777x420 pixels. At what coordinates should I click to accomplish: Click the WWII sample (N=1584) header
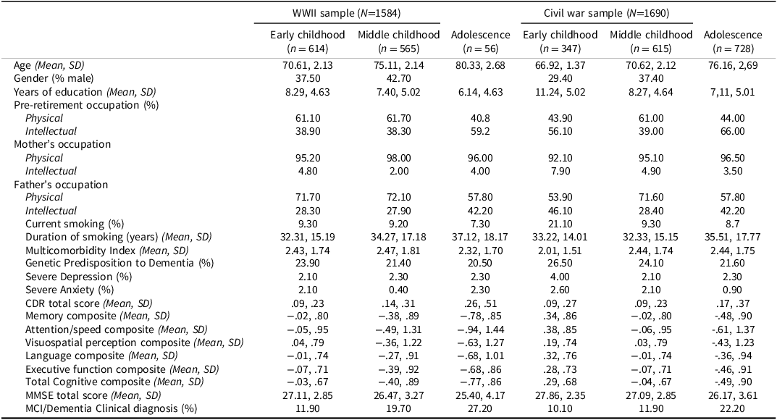347,13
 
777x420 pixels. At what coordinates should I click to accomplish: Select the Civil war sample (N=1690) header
607,13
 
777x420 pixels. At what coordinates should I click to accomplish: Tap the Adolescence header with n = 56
480,41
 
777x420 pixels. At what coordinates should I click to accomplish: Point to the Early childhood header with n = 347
560,41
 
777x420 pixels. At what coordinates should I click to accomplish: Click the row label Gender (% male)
54,78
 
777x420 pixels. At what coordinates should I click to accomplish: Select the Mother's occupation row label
62,144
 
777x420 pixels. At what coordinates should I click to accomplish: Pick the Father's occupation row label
61,184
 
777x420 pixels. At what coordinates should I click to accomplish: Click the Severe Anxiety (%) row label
70,290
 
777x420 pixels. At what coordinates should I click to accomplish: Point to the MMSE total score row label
93,395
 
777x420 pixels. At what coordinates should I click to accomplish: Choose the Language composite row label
101,356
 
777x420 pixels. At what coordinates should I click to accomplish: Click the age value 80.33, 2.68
480,65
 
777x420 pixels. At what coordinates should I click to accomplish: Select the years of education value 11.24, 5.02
560,92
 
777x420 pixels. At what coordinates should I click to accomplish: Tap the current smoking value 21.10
560,224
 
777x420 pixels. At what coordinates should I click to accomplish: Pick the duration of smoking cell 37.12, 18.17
480,237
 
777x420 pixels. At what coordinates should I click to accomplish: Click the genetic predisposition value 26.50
560,263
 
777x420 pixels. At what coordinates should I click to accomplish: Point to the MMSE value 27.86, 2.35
560,395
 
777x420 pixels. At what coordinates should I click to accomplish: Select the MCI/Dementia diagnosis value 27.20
480,408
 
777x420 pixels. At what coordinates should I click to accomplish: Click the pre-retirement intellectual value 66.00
732,131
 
